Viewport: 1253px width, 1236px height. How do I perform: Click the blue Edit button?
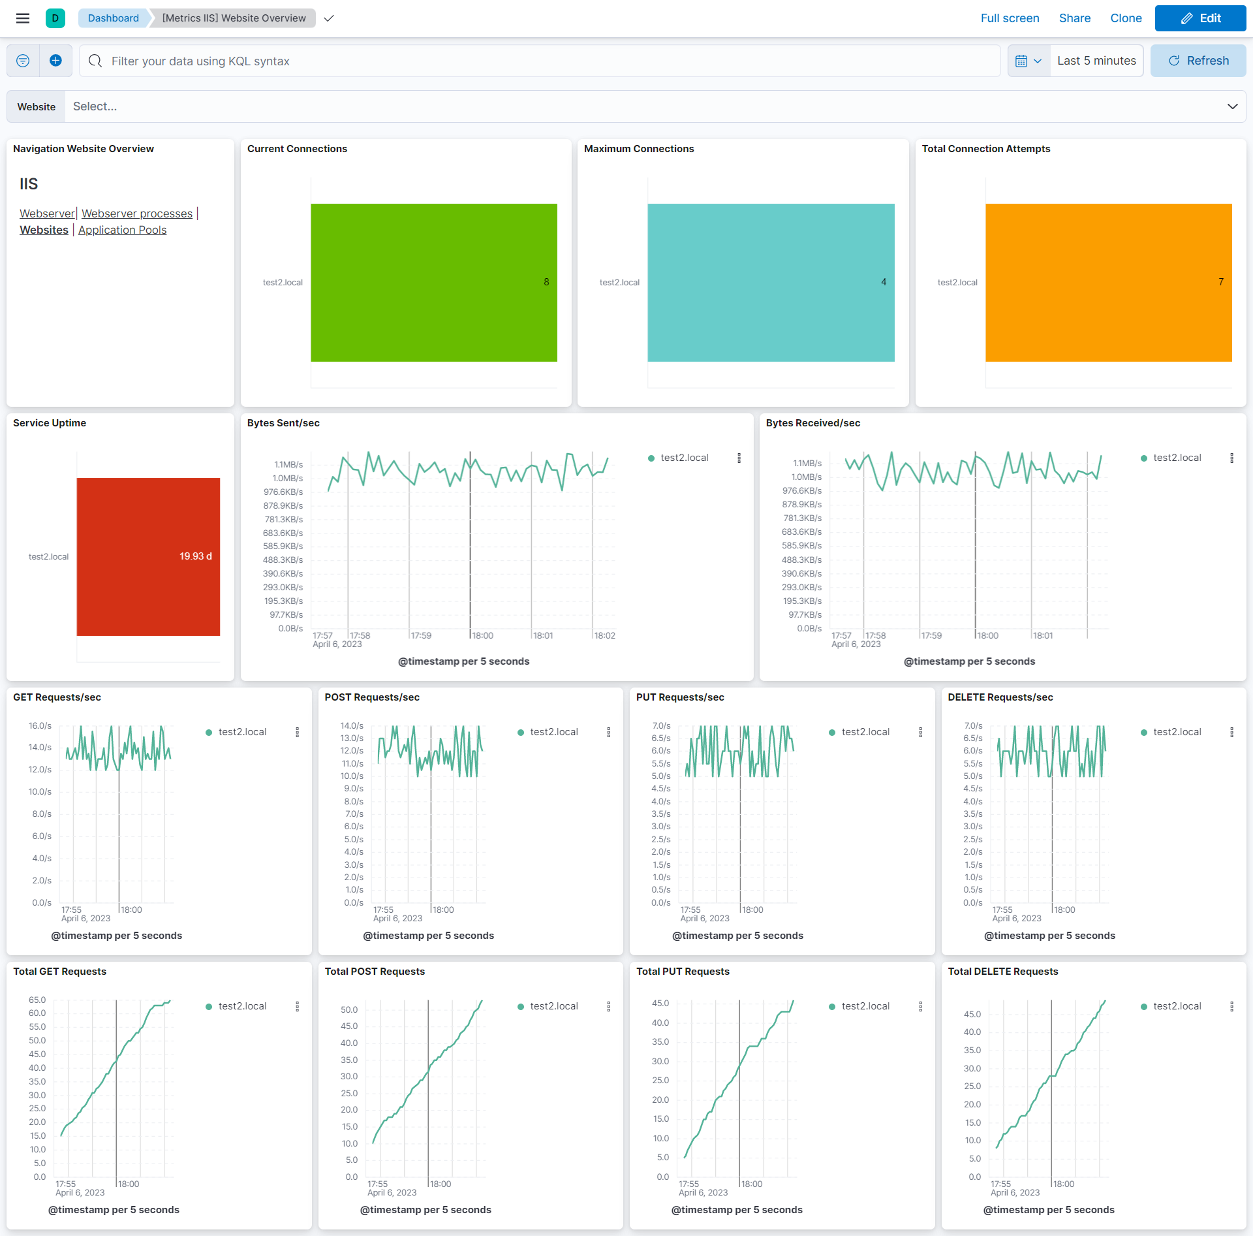(x=1200, y=18)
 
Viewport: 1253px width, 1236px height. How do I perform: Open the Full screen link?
(x=1010, y=18)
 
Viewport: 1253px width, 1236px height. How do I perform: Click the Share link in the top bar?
(x=1074, y=18)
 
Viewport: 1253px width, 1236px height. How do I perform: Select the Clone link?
(x=1126, y=18)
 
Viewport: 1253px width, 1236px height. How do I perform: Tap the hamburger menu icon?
(x=23, y=18)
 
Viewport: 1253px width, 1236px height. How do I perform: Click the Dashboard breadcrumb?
(x=113, y=18)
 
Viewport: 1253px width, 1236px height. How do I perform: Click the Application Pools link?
(x=122, y=230)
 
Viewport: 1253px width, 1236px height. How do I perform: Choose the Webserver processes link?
(x=137, y=214)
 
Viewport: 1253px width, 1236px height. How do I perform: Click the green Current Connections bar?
(x=433, y=282)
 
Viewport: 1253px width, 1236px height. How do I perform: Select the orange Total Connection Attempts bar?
(x=1108, y=282)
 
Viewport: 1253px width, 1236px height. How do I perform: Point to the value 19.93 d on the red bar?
(x=196, y=556)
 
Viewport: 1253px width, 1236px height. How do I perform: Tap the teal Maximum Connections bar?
(x=771, y=282)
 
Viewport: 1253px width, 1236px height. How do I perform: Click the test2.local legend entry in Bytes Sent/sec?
(x=684, y=458)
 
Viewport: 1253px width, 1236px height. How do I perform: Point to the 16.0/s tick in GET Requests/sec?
(x=40, y=725)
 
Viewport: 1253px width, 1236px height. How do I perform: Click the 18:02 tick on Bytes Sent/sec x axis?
(x=604, y=635)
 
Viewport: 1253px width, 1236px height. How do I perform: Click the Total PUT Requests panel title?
(x=683, y=972)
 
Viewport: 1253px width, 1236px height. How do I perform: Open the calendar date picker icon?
(x=1021, y=61)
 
